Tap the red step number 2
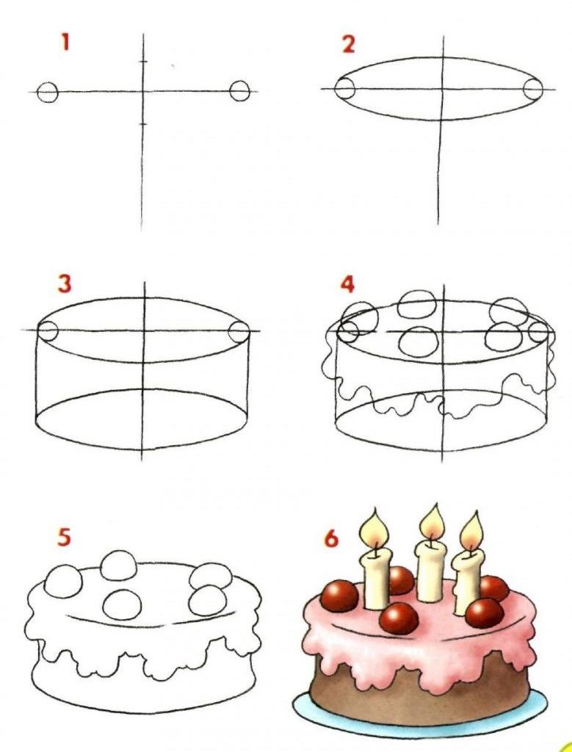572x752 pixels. (x=349, y=44)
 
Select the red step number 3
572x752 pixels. (x=64, y=283)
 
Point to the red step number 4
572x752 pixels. (x=347, y=284)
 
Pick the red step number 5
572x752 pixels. (x=64, y=537)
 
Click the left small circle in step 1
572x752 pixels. (x=48, y=92)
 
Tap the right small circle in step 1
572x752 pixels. (x=239, y=90)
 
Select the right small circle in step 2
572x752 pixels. (x=532, y=89)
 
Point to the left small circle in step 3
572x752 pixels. (x=48, y=331)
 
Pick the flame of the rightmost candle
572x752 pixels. (x=471, y=532)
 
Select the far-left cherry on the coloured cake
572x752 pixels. (x=339, y=596)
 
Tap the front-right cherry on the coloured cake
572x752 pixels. (x=485, y=613)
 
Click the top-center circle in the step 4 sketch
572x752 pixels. (x=417, y=304)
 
